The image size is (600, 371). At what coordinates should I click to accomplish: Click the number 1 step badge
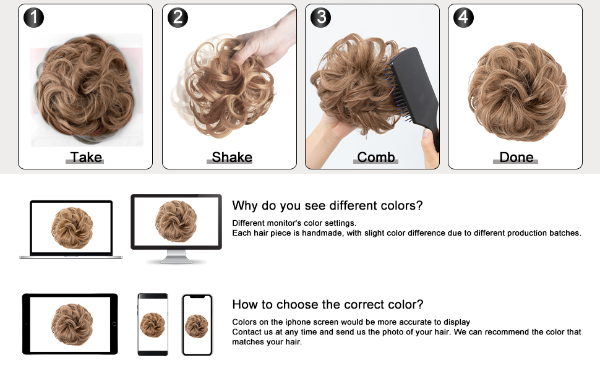(x=33, y=17)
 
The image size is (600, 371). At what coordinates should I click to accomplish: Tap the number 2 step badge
(x=178, y=17)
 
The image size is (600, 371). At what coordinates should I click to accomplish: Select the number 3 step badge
(x=320, y=17)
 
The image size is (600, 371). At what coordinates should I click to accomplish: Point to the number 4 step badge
(x=463, y=17)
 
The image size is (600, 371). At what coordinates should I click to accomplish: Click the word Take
(x=85, y=157)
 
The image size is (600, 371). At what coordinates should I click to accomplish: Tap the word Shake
(x=231, y=157)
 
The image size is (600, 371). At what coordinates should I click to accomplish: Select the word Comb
(x=375, y=157)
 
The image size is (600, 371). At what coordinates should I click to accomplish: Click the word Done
(x=516, y=157)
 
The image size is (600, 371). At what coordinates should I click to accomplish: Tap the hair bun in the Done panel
(x=516, y=91)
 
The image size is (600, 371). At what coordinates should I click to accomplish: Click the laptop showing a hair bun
(x=71, y=229)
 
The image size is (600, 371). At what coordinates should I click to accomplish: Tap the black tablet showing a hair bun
(x=70, y=324)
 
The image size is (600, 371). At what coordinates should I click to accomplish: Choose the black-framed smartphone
(x=152, y=324)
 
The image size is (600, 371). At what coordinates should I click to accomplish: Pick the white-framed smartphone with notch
(x=197, y=325)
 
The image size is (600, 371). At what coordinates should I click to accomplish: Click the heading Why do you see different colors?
(x=327, y=205)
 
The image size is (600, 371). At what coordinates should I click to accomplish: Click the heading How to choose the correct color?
(x=328, y=304)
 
